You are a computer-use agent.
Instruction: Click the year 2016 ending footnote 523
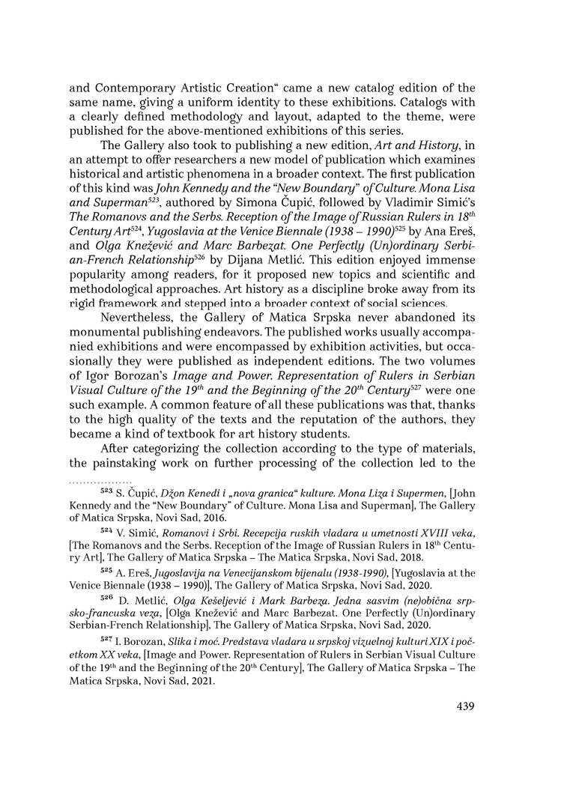coord(216,518)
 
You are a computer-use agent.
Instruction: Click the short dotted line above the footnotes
coord(100,480)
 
